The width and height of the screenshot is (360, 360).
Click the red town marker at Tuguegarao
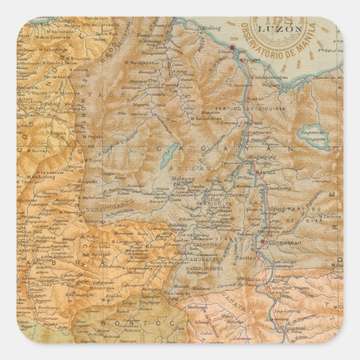(262, 241)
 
